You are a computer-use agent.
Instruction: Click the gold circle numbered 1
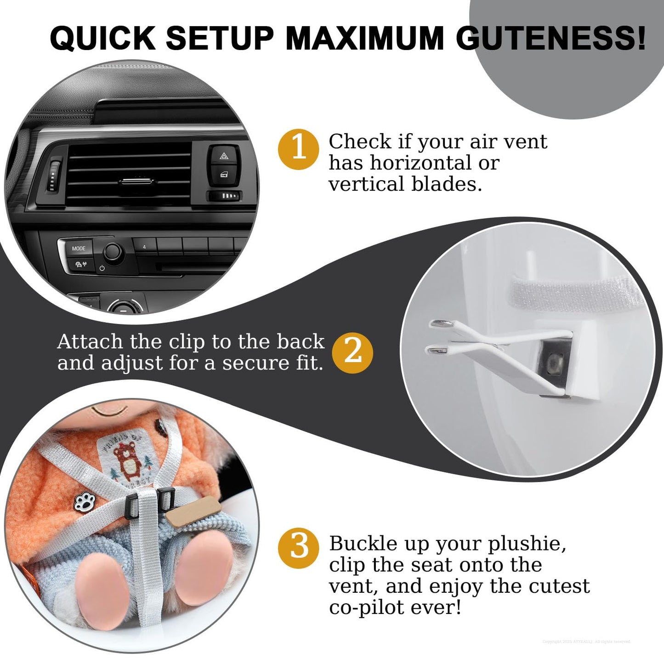coord(299,149)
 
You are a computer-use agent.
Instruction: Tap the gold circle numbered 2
coord(352,352)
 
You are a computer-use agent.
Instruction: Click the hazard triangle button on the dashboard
coord(224,157)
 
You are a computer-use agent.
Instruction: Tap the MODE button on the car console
coord(79,248)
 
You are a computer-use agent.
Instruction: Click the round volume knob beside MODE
coord(113,251)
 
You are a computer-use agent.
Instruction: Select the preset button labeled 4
coord(144,247)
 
